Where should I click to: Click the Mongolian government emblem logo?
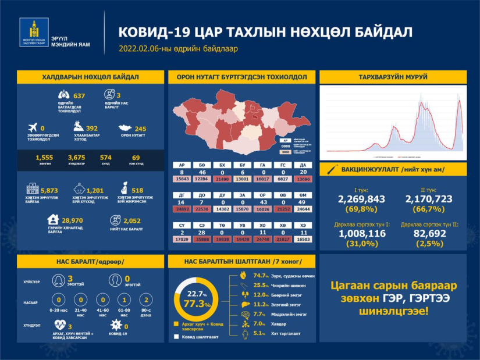[x=34, y=33]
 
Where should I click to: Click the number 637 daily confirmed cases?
[x=79, y=95]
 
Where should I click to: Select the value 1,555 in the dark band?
[x=44, y=157]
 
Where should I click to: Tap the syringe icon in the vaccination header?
[x=332, y=169]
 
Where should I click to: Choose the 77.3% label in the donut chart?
[x=195, y=303]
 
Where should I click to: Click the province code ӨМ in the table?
[x=301, y=196]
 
